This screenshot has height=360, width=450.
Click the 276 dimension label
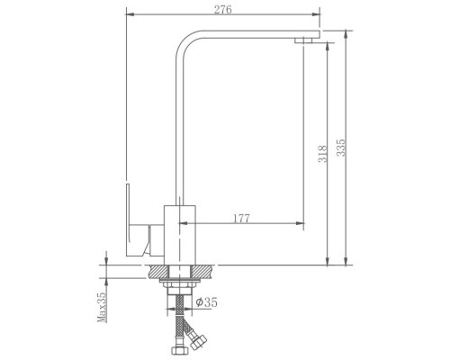coord(222,10)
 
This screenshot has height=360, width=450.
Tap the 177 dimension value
coord(241,219)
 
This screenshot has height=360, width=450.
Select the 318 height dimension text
coord(322,154)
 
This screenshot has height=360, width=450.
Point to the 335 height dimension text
coord(341,148)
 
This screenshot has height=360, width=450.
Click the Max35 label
coord(102,307)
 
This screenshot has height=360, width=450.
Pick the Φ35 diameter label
coord(206,302)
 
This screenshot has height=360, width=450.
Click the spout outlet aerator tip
coord(303,40)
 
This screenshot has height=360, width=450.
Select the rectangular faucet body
coord(180,235)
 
